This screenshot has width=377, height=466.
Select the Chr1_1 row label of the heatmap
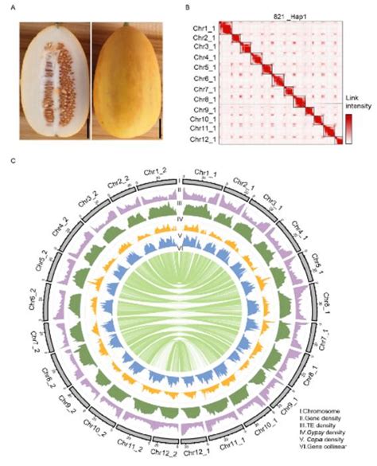[x=204, y=28]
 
